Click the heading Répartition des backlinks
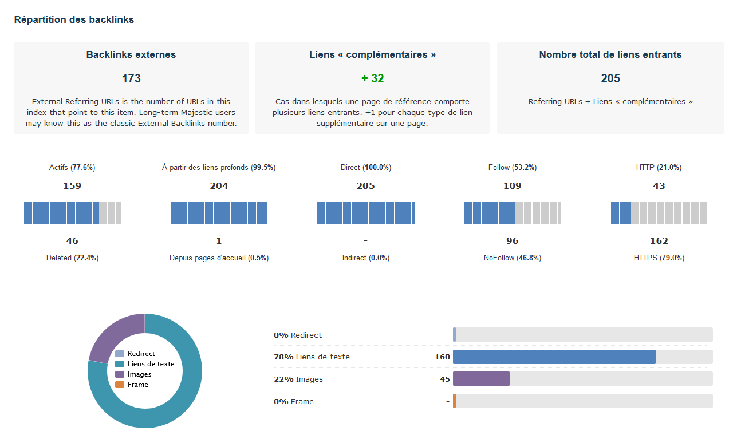tap(74, 20)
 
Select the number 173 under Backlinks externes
tap(131, 79)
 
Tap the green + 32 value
tap(372, 79)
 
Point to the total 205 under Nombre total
tap(610, 79)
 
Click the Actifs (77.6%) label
tap(72, 168)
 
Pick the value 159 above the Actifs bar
tap(72, 186)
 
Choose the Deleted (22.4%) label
tap(72, 258)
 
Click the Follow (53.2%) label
tap(512, 168)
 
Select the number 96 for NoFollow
tap(512, 241)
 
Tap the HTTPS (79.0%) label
tap(659, 258)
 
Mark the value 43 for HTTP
tap(659, 186)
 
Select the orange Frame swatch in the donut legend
tap(120, 385)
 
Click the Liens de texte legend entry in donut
tap(151, 364)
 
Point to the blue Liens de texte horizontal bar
tap(554, 357)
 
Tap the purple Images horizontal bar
tap(481, 379)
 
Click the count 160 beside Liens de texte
tap(442, 357)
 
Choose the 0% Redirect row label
tap(298, 335)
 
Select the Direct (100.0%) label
tap(365, 168)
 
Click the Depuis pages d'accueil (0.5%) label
tap(219, 258)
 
